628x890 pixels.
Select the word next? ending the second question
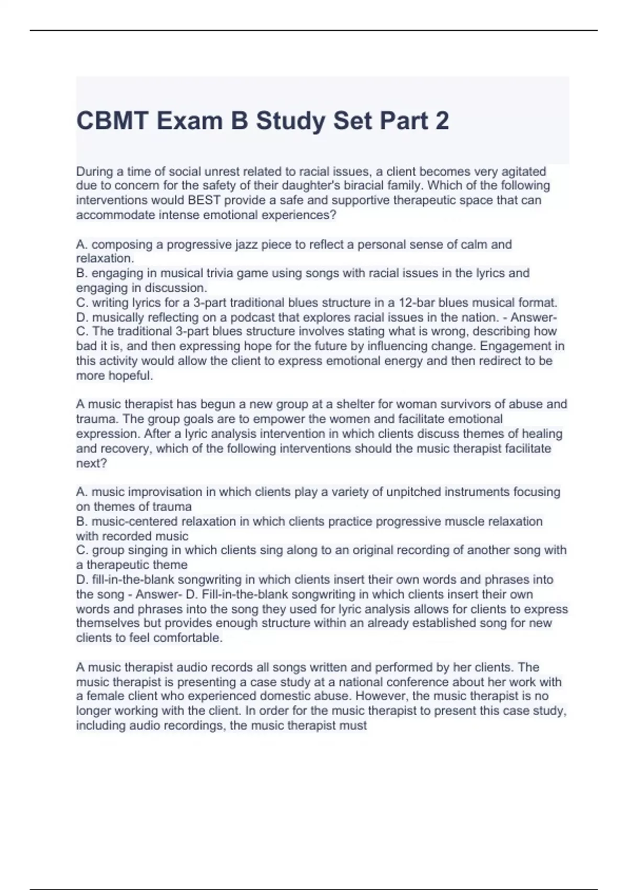92,463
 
